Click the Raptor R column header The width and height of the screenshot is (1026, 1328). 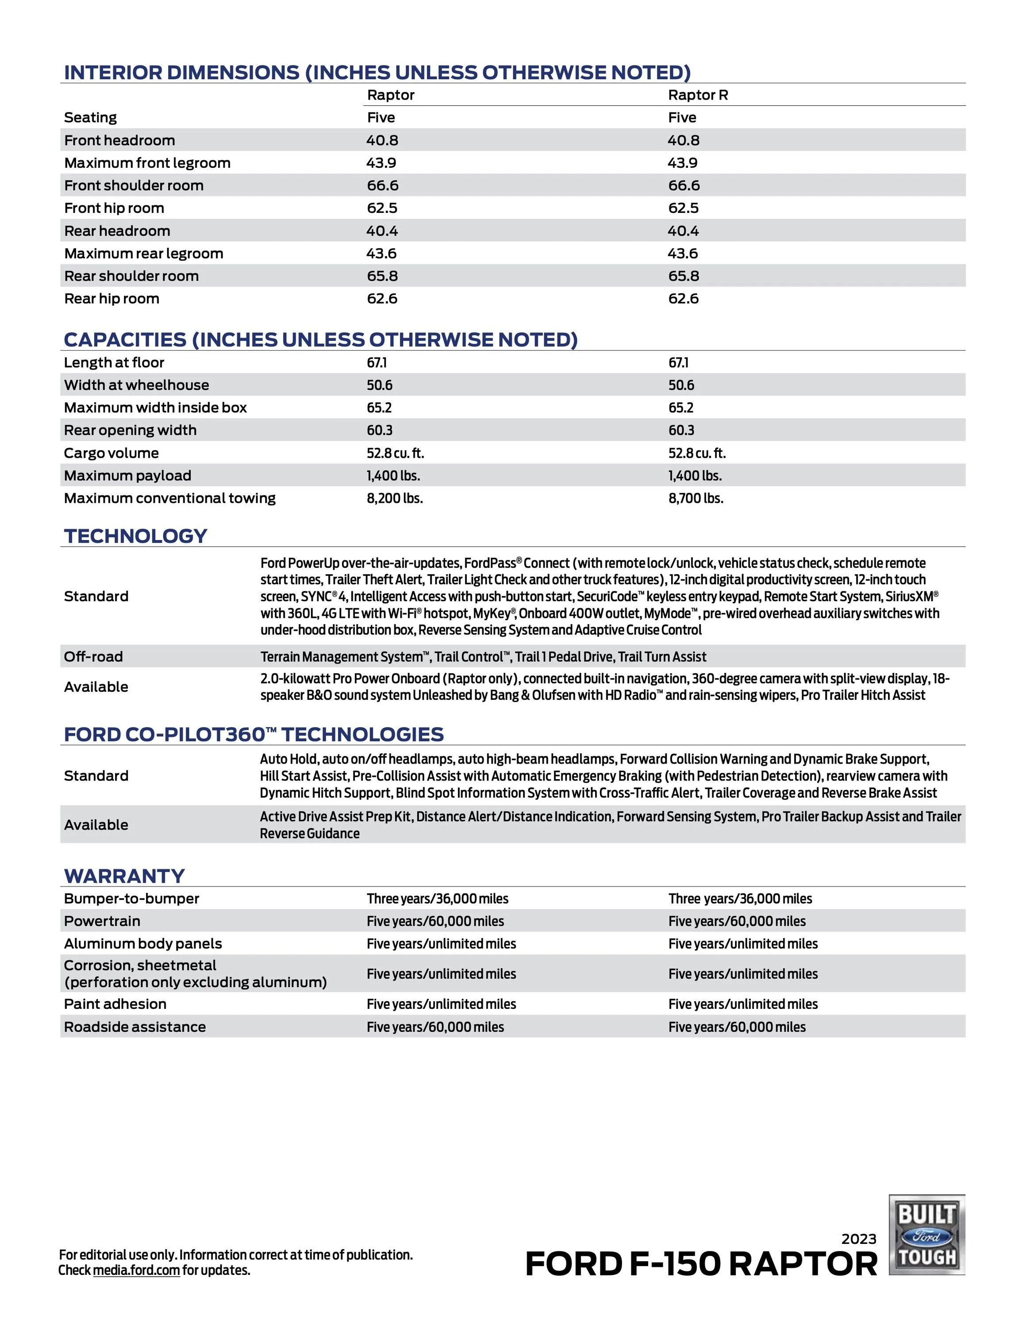[697, 95]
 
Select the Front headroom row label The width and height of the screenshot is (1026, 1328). [120, 140]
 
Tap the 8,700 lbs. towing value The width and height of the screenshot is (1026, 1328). [696, 498]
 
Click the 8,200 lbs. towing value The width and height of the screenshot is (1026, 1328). [395, 498]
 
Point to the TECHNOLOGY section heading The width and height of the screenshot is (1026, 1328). [135, 536]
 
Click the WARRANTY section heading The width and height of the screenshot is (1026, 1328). [124, 876]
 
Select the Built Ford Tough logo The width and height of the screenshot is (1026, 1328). [926, 1235]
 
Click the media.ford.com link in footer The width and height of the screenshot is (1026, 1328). [136, 1270]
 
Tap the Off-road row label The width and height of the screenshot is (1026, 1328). [94, 657]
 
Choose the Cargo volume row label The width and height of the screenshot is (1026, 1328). [111, 453]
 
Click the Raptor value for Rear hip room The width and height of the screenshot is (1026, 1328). [382, 298]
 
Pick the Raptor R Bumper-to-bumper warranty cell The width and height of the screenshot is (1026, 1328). [740, 899]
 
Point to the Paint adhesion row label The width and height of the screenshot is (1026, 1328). [115, 1004]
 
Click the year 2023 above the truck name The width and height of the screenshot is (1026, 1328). [859, 1239]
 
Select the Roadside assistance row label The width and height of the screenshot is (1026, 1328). [135, 1027]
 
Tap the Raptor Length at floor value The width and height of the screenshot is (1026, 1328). [376, 363]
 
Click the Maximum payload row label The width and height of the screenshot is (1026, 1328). [128, 475]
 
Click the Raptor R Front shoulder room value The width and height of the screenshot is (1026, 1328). [683, 185]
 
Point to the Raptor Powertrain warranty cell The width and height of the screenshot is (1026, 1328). [435, 921]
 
